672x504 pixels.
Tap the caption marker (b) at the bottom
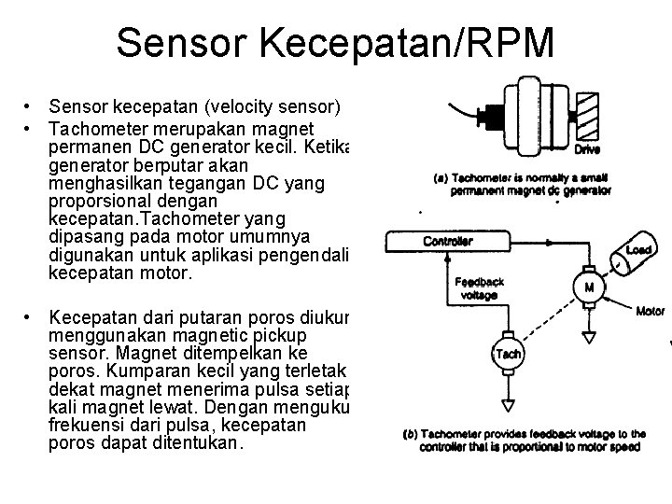(412, 434)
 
